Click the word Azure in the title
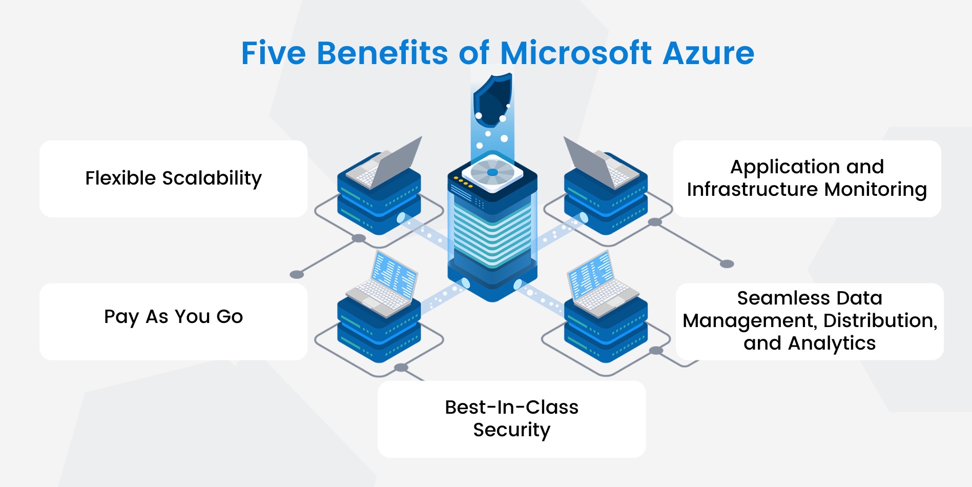tap(708, 53)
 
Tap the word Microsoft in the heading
tap(576, 53)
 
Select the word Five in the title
tap(273, 53)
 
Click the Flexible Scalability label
tap(173, 178)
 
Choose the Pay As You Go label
tap(173, 317)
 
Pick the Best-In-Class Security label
tap(511, 418)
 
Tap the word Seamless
tap(773, 298)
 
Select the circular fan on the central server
tap(492, 172)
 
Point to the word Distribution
tap(880, 321)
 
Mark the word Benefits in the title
tap(382, 53)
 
